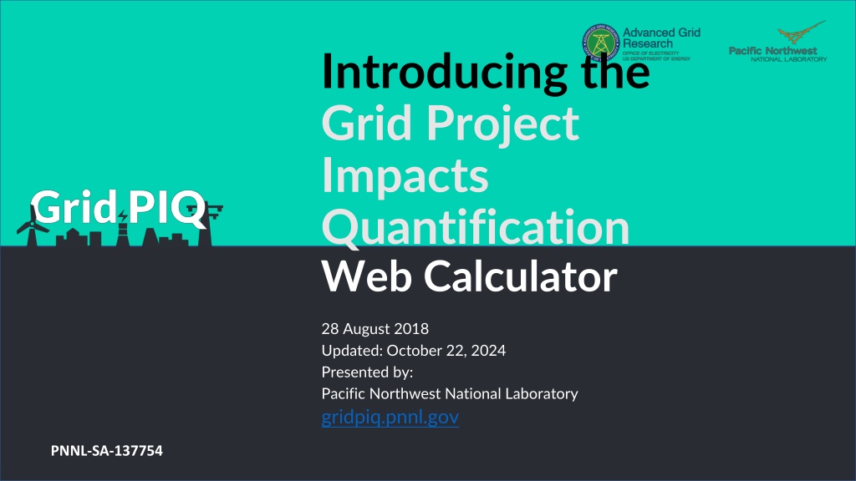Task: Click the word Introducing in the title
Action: tap(445, 73)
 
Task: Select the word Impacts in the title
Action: tap(405, 175)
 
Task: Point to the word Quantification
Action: tap(476, 226)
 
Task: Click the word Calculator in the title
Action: tap(521, 276)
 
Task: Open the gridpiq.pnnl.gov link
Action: tap(390, 418)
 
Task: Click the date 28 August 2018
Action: tap(375, 329)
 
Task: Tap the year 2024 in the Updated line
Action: tap(488, 350)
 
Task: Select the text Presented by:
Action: tap(368, 372)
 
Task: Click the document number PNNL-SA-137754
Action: tap(106, 451)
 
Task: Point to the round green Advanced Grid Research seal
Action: tap(601, 42)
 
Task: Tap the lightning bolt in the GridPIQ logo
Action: tap(124, 216)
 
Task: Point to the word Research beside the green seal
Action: tap(648, 43)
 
